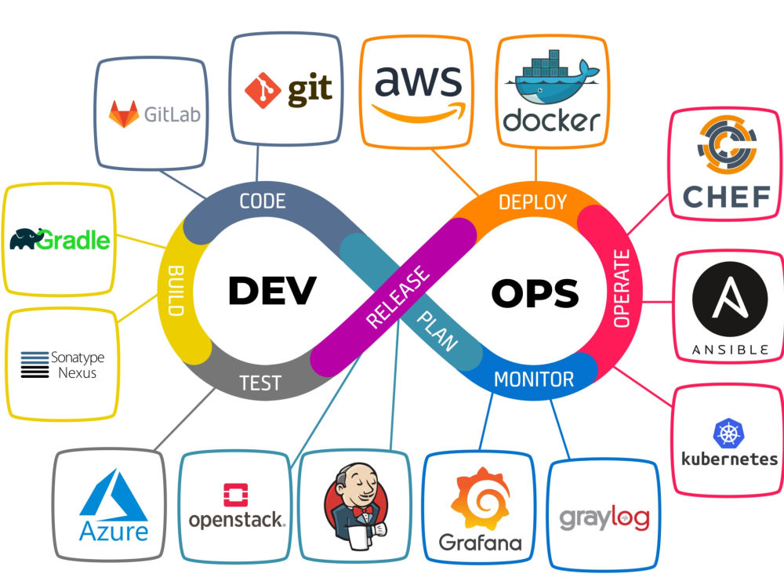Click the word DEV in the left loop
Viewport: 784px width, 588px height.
pyautogui.click(x=272, y=290)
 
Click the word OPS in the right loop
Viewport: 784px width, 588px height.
pyautogui.click(x=535, y=293)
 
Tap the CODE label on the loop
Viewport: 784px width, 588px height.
pyautogui.click(x=263, y=201)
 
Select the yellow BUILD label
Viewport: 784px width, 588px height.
pyautogui.click(x=176, y=291)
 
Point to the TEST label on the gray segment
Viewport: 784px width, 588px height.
pyautogui.click(x=260, y=383)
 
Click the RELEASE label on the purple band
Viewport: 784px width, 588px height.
pyautogui.click(x=398, y=297)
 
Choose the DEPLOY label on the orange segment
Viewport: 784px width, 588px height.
pyautogui.click(x=532, y=202)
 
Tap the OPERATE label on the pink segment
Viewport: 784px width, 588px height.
pyautogui.click(x=622, y=289)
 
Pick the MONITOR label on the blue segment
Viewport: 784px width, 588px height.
pyautogui.click(x=534, y=379)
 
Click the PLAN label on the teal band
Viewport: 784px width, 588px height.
pyautogui.click(x=437, y=331)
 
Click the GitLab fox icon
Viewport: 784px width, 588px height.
pyautogui.click(x=124, y=114)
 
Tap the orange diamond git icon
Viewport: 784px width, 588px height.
pyautogui.click(x=263, y=90)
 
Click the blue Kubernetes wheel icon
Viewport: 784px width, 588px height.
pyautogui.click(x=728, y=433)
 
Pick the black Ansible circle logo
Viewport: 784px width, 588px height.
pyautogui.click(x=730, y=299)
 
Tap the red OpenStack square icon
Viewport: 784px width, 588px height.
pyautogui.click(x=235, y=495)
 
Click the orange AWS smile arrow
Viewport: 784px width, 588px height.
pyautogui.click(x=419, y=114)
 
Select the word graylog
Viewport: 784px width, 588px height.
pyautogui.click(x=604, y=518)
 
